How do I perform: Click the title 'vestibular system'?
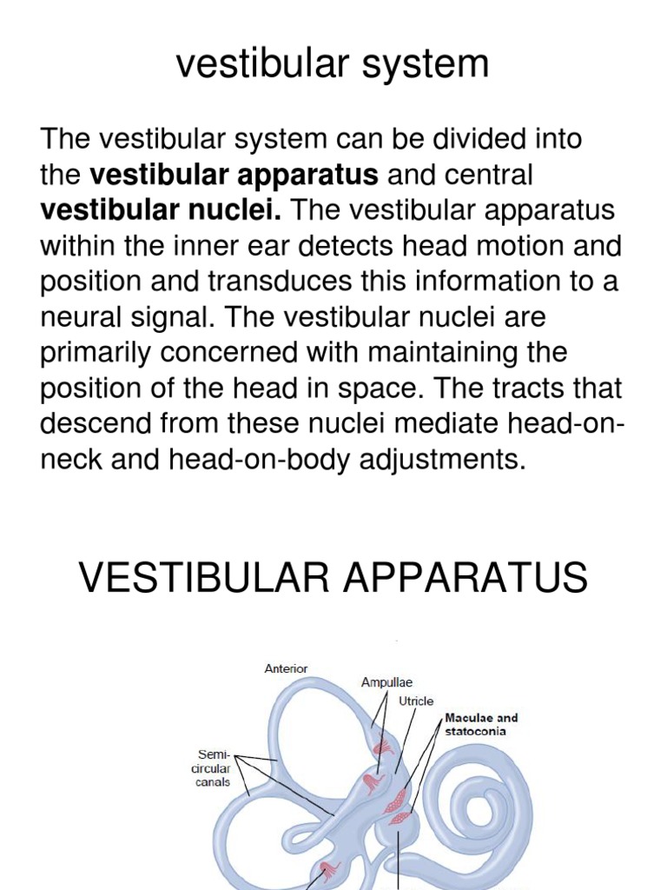333,65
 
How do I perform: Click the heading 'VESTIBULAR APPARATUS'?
333,578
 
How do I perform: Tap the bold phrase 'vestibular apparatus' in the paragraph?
234,175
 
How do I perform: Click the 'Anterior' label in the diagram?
286,668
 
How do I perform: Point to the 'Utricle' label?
416,701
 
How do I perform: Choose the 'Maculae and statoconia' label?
481,724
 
